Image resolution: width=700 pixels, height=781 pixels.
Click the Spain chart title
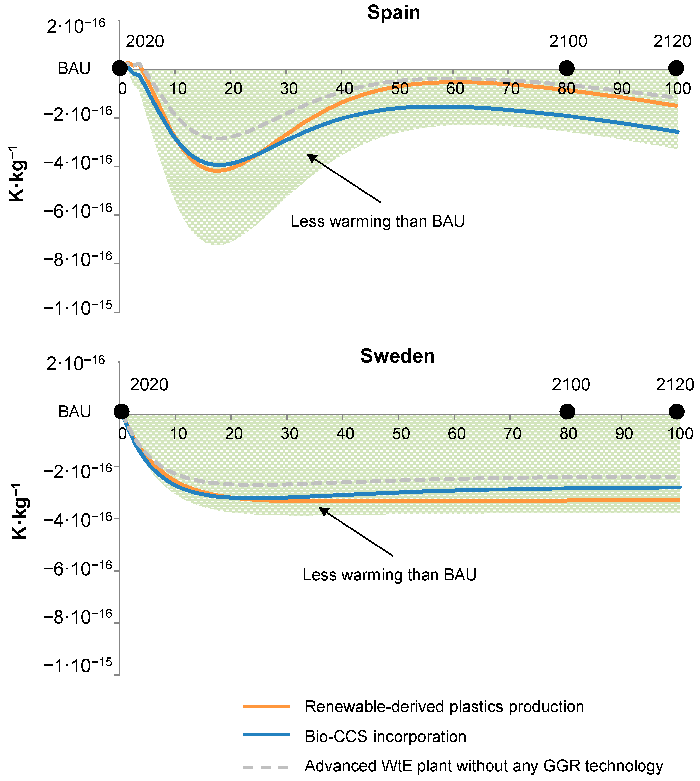pos(394,13)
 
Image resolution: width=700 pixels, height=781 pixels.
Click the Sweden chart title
pos(397,356)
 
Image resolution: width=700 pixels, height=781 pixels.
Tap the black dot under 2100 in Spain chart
pos(566,68)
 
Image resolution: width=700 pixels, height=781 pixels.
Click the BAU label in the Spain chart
pos(74,68)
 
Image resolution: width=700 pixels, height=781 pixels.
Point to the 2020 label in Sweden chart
pos(149,385)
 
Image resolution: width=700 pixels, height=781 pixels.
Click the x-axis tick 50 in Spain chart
pos(400,89)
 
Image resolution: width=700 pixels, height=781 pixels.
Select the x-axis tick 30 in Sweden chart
pos(289,434)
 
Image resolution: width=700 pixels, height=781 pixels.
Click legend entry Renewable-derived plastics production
pos(444,707)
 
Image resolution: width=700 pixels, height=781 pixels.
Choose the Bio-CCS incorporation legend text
pos(385,736)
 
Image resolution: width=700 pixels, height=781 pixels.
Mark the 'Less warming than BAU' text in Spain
pos(378,222)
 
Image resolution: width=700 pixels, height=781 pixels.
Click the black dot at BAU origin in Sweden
pos(122,412)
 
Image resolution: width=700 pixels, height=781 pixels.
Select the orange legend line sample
pos(266,707)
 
